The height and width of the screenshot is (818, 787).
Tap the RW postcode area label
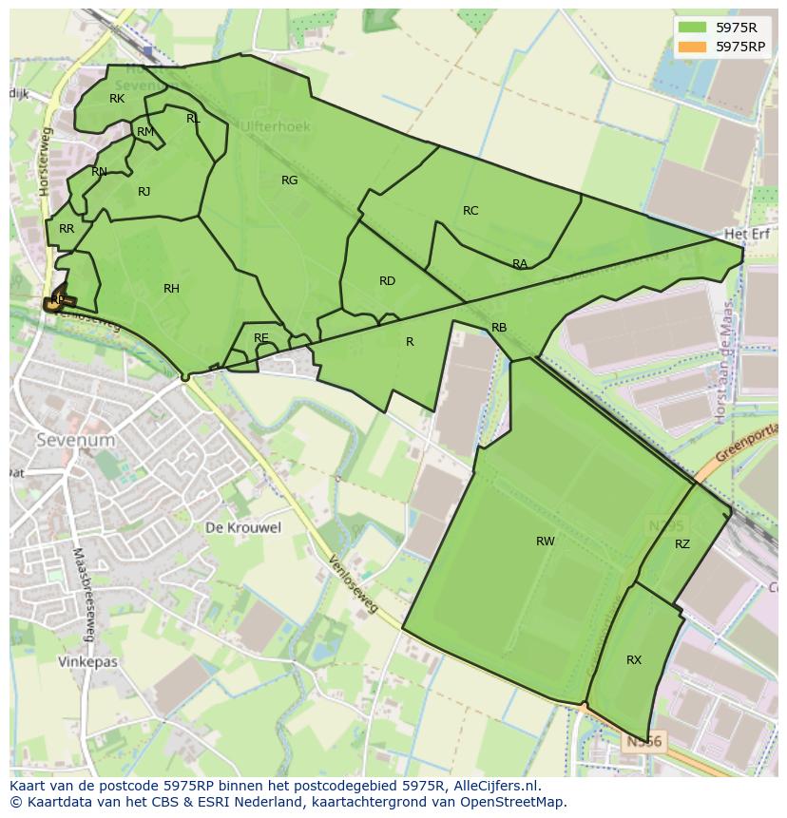545,542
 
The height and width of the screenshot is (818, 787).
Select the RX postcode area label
634,660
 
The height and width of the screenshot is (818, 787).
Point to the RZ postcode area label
682,544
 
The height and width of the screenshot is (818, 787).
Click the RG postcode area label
289,181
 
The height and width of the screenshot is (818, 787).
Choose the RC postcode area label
470,211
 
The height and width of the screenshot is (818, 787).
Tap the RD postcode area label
387,281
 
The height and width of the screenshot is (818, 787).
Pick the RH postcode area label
171,289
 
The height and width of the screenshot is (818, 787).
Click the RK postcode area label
117,99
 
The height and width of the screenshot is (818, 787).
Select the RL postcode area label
193,119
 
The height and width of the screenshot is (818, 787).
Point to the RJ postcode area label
144,192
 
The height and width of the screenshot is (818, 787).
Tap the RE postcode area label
261,338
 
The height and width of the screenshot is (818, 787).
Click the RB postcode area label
499,328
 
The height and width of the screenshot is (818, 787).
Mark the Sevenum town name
75,440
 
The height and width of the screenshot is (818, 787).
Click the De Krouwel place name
243,527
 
